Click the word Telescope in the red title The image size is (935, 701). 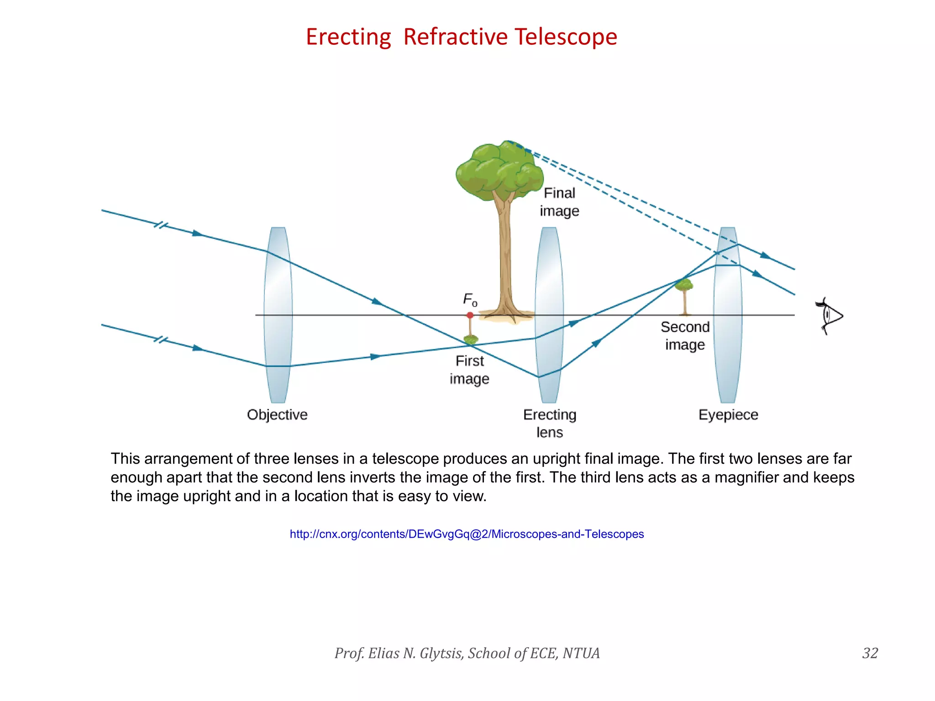click(x=566, y=37)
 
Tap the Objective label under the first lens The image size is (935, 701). click(x=277, y=414)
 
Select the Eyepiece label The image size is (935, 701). click(x=728, y=414)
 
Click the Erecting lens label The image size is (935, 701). click(x=550, y=423)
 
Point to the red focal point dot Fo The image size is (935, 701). click(x=470, y=315)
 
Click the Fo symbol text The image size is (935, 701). click(x=470, y=299)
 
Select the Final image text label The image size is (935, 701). click(x=559, y=202)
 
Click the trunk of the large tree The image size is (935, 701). click(x=504, y=256)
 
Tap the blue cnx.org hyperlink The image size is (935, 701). click(x=467, y=534)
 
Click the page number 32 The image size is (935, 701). click(x=870, y=653)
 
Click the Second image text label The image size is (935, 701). click(x=685, y=335)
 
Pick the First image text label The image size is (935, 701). click(x=469, y=370)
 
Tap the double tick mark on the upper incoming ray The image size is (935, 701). click(x=161, y=225)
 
